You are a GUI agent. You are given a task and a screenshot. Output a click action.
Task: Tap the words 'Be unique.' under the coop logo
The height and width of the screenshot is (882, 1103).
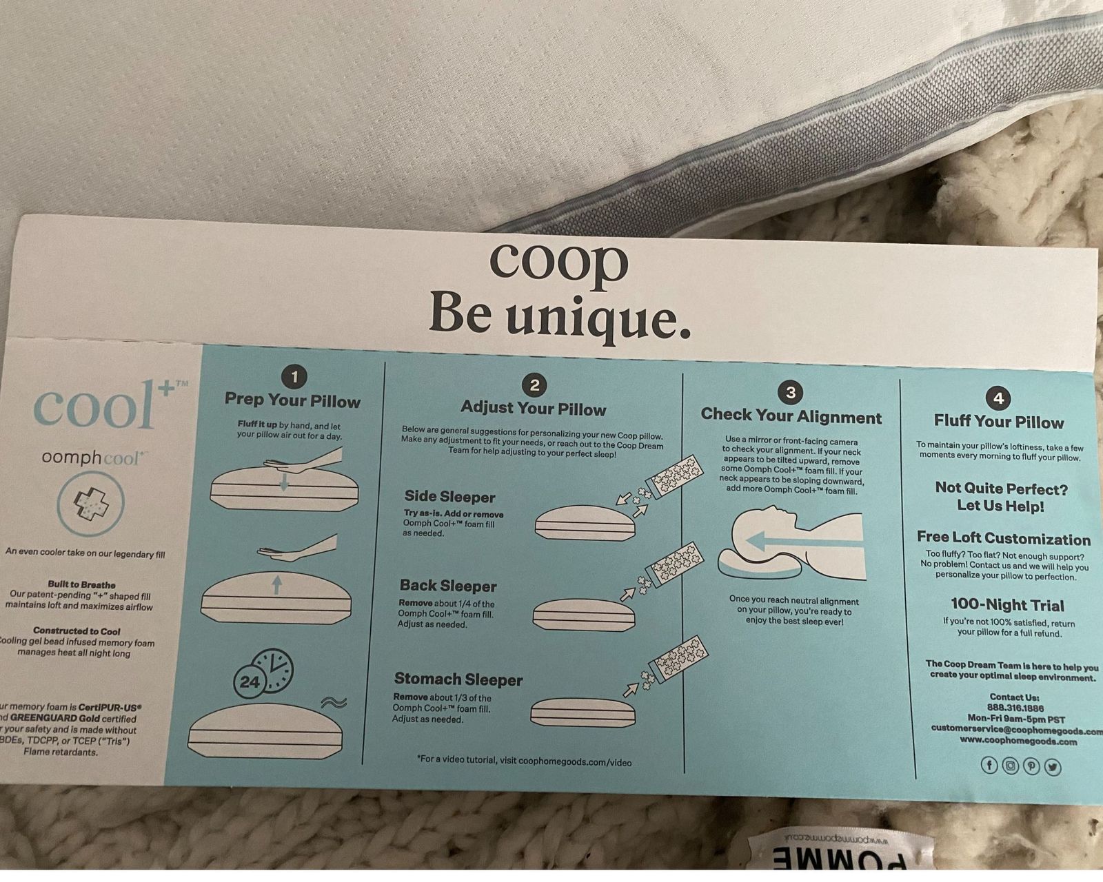pyautogui.click(x=560, y=315)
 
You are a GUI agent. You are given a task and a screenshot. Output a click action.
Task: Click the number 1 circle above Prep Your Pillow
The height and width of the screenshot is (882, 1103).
pyautogui.click(x=294, y=376)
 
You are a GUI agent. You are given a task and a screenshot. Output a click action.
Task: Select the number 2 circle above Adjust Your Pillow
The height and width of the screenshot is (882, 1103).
pyautogui.click(x=534, y=384)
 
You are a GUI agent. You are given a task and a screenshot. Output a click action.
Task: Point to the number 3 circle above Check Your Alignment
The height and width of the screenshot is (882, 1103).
pyautogui.click(x=791, y=392)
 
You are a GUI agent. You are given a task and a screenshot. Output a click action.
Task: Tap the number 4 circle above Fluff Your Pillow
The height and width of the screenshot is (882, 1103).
pyautogui.click(x=998, y=398)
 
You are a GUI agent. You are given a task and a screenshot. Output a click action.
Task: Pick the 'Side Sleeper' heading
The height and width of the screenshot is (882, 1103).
pyautogui.click(x=449, y=497)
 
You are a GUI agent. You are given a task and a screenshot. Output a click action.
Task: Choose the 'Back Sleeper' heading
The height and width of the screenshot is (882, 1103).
pyautogui.click(x=448, y=586)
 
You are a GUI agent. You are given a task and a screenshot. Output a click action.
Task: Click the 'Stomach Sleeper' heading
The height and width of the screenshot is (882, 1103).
pyautogui.click(x=458, y=679)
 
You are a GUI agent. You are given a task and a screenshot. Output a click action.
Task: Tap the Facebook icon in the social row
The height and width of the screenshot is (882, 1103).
pyautogui.click(x=989, y=766)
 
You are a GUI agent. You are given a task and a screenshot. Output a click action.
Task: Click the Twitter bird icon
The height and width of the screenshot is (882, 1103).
pyautogui.click(x=1053, y=767)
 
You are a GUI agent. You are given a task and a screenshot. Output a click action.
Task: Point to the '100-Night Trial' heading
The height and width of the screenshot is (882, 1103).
pyautogui.click(x=1007, y=605)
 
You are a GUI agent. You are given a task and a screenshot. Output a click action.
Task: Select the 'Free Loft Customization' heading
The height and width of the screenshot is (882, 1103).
pyautogui.click(x=1004, y=539)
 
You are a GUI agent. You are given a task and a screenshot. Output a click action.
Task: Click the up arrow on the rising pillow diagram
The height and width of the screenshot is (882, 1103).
pyautogui.click(x=277, y=585)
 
